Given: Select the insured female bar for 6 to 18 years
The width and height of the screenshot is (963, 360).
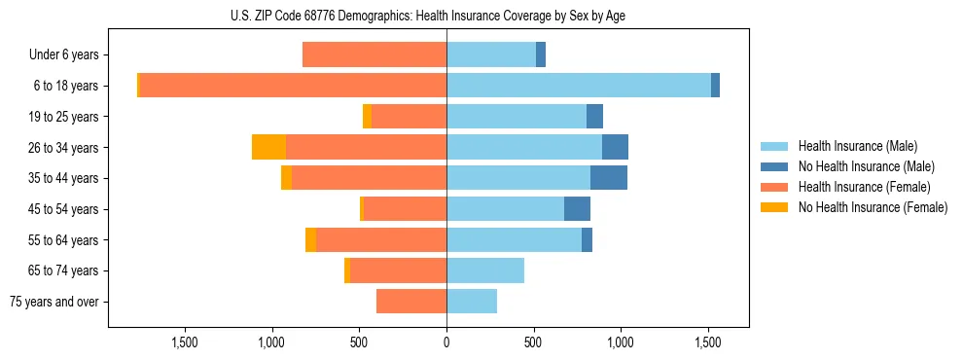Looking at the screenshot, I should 293,86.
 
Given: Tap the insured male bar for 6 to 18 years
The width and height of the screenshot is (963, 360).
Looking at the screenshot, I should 579,86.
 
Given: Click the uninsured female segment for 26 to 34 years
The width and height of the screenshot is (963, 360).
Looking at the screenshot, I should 268,147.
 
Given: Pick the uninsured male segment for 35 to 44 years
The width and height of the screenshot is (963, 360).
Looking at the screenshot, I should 609,178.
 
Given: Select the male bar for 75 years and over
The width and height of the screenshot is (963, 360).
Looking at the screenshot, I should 472,302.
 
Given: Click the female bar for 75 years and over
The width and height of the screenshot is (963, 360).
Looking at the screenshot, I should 411,302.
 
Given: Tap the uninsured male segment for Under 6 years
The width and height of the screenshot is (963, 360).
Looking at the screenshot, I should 541,54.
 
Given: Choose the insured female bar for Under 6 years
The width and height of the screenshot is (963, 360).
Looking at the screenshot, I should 374,54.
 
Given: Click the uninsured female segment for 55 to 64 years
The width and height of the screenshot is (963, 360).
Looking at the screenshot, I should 310,239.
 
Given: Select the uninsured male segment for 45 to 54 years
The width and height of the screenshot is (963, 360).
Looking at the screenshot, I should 577,209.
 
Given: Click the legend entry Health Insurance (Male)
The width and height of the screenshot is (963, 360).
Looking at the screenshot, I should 857,146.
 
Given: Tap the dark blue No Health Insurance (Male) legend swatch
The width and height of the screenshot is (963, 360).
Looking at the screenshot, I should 774,166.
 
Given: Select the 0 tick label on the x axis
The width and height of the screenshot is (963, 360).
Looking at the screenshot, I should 446,342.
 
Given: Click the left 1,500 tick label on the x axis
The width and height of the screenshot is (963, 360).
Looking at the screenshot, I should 185,342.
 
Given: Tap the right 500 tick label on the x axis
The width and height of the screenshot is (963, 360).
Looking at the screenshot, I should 533,342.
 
